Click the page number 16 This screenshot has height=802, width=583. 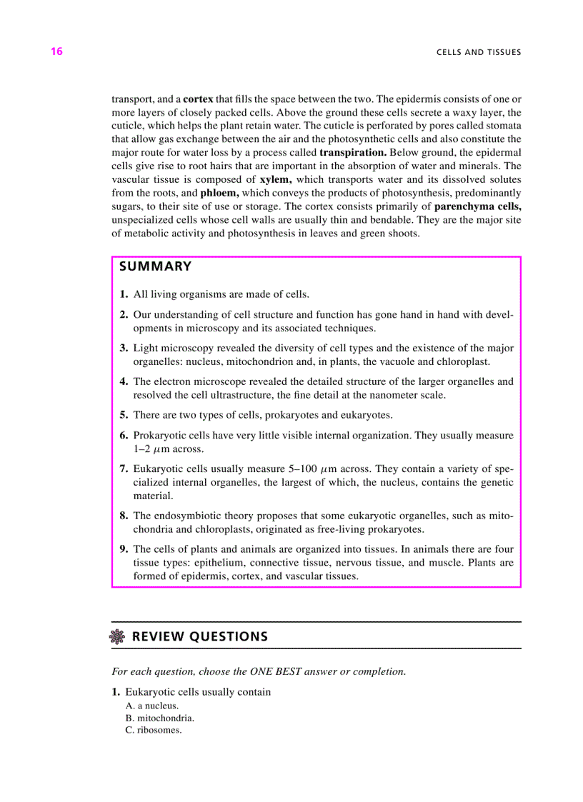pyautogui.click(x=56, y=51)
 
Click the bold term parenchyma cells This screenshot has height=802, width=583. pyautogui.click(x=477, y=206)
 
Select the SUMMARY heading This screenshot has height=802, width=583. pyautogui.click(x=155, y=267)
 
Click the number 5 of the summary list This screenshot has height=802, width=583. pyautogui.click(x=124, y=415)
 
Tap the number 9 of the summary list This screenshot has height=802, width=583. pyautogui.click(x=124, y=549)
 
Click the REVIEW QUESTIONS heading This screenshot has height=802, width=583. pyautogui.click(x=200, y=636)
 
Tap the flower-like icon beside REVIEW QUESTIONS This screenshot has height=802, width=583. pyautogui.click(x=118, y=637)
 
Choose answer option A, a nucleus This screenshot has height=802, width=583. pyautogui.click(x=151, y=706)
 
